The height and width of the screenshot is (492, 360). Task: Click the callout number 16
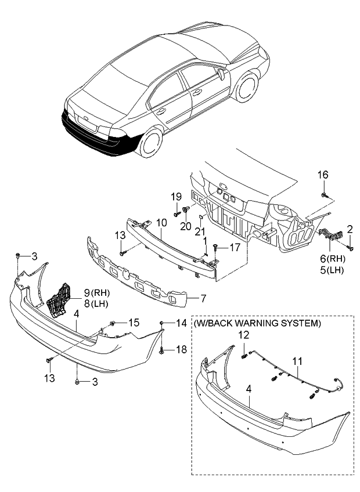[x=323, y=175]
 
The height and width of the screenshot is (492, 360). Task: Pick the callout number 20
[x=186, y=226]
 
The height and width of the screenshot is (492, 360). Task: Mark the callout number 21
[x=200, y=232]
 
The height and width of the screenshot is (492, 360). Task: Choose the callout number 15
[x=134, y=322]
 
